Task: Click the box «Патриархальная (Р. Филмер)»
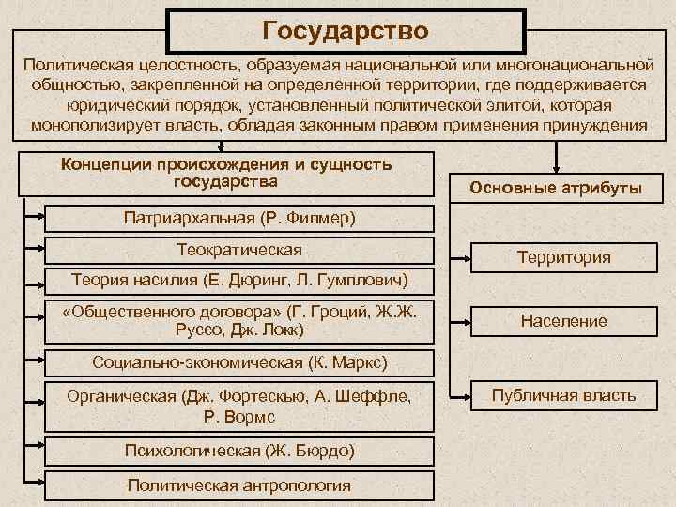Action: [239, 218]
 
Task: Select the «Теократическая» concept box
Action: [239, 249]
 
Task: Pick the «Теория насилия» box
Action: [239, 280]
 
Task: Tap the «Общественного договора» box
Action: [239, 321]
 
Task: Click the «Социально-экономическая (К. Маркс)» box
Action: [239, 362]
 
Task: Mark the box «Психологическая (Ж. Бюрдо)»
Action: [239, 452]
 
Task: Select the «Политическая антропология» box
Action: [239, 484]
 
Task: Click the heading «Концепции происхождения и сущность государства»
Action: [225, 172]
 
